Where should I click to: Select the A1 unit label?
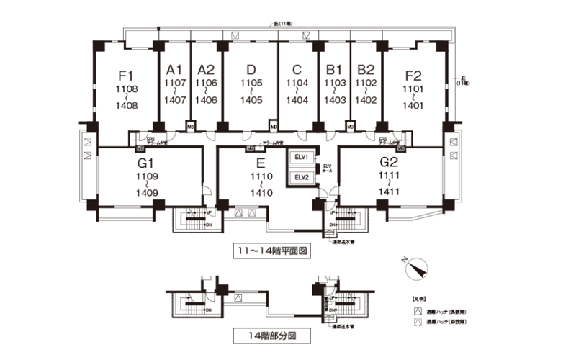174,70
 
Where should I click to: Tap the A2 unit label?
206,70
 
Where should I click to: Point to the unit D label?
251,70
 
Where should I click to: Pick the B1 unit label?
333,70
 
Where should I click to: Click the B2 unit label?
366,70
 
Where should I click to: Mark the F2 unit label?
413,74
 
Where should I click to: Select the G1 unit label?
147,162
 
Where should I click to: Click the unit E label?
260,162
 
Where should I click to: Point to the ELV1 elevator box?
301,158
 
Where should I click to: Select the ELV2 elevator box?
301,177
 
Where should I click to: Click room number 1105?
251,84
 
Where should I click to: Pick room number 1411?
390,192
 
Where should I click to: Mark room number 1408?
127,106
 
